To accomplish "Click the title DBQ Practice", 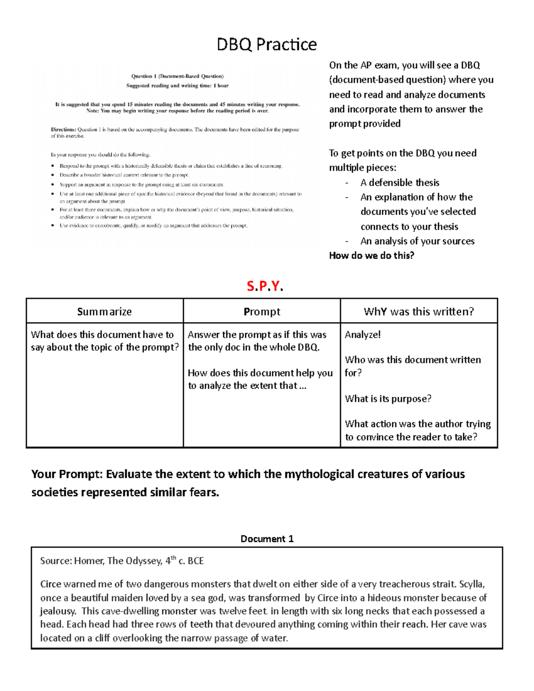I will click(267, 44).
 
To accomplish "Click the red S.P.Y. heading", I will click(265, 286).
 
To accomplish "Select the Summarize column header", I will click(105, 311).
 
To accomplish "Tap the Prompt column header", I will click(262, 311).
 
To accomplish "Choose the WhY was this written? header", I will click(419, 311).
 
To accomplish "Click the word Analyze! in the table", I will click(363, 335).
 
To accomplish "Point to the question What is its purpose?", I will click(388, 399).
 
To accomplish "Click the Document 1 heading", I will click(267, 539).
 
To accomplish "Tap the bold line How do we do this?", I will click(372, 255).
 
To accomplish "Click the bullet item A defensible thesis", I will click(400, 182).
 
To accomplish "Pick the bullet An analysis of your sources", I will click(417, 241).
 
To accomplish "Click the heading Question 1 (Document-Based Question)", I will click(177, 76).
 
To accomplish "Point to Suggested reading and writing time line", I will click(177, 85).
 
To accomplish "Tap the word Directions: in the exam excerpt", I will click(63, 130).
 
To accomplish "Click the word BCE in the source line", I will click(196, 561).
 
